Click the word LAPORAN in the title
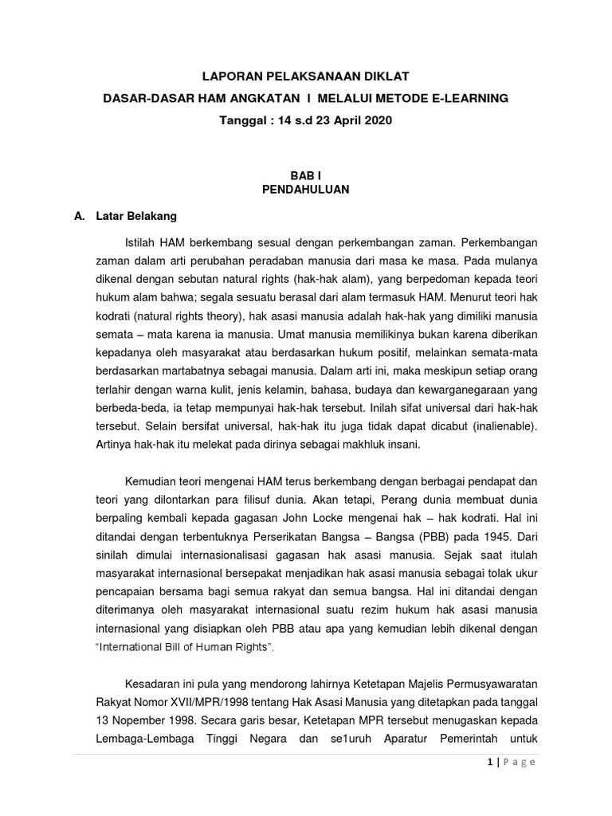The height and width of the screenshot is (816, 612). click(x=231, y=76)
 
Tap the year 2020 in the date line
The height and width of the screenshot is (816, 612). click(x=377, y=120)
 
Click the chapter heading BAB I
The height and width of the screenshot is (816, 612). click(x=306, y=175)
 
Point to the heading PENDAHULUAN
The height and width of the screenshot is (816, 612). click(x=306, y=190)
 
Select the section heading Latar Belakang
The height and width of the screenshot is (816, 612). click(x=136, y=216)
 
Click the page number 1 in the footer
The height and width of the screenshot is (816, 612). click(x=488, y=763)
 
